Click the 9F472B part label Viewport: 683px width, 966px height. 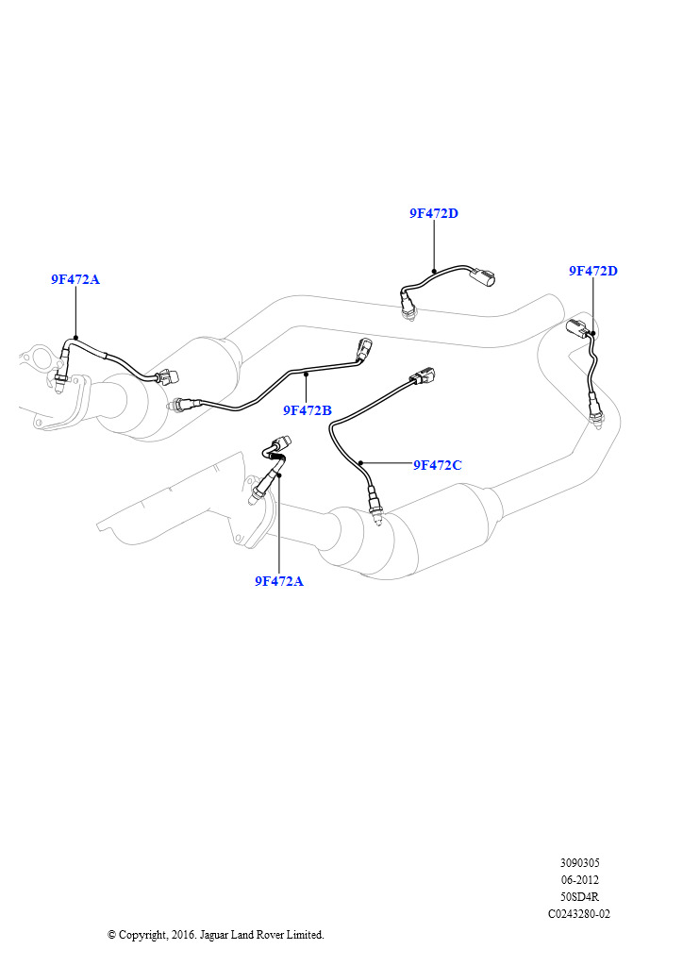point(307,410)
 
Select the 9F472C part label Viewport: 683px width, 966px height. point(438,465)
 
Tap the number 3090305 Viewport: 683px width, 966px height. point(579,863)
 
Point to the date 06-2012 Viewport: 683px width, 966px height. point(579,880)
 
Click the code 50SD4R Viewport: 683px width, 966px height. point(579,897)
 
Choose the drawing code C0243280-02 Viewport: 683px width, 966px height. point(579,913)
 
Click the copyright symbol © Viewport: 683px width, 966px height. point(112,935)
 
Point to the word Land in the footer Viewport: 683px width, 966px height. point(242,935)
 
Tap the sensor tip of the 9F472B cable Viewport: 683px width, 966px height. point(175,406)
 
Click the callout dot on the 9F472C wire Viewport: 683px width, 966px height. point(360,462)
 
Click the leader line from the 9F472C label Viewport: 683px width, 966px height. point(386,463)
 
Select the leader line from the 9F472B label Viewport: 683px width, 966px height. point(306,388)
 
